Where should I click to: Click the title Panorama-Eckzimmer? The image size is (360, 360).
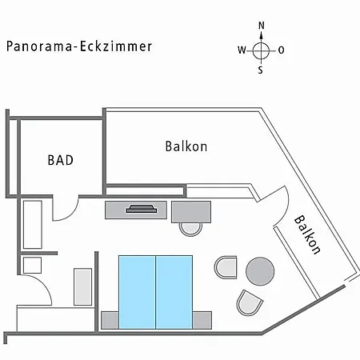tap(79, 46)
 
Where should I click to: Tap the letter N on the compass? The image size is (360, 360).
tap(262, 26)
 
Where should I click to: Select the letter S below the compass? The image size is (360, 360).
tap(260, 70)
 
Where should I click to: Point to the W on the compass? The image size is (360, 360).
tap(242, 50)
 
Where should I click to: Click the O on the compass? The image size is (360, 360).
tap(281, 50)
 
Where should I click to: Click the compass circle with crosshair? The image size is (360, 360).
tap(261, 50)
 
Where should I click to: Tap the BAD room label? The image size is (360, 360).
tap(61, 160)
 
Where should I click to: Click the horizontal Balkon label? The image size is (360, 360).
tap(186, 146)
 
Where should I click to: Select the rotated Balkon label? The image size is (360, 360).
tap(307, 234)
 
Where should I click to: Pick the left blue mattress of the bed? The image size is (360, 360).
tap(137, 292)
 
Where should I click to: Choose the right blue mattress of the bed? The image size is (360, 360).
tap(174, 292)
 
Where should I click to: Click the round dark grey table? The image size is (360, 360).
tap(260, 271)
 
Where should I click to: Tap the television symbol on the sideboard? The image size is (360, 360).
tap(141, 209)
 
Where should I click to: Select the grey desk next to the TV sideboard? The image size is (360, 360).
tap(191, 212)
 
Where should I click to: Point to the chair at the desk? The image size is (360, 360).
tap(190, 230)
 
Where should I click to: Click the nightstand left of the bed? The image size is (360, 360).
tap(110, 320)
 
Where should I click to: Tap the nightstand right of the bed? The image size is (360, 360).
tap(202, 320)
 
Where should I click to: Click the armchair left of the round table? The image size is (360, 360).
tap(226, 267)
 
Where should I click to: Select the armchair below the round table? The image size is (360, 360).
tap(249, 302)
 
